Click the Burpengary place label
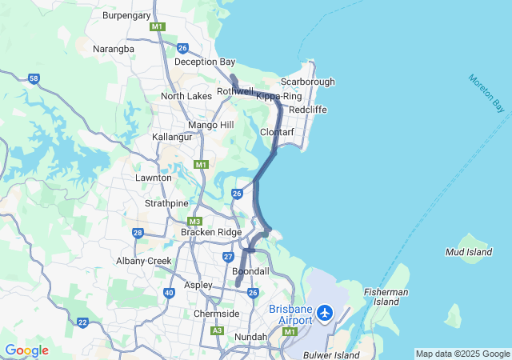(x=127, y=14)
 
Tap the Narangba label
(x=114, y=49)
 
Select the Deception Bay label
(x=205, y=62)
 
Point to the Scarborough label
(x=308, y=82)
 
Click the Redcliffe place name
(x=306, y=109)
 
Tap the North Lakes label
(x=186, y=96)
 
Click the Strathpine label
(x=166, y=203)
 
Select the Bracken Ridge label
(x=210, y=232)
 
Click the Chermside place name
(x=216, y=314)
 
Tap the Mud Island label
(x=469, y=252)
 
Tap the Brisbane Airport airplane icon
(x=326, y=312)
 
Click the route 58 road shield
(x=33, y=78)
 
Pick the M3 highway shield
(x=194, y=222)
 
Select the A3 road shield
(x=217, y=330)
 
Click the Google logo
(x=26, y=350)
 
